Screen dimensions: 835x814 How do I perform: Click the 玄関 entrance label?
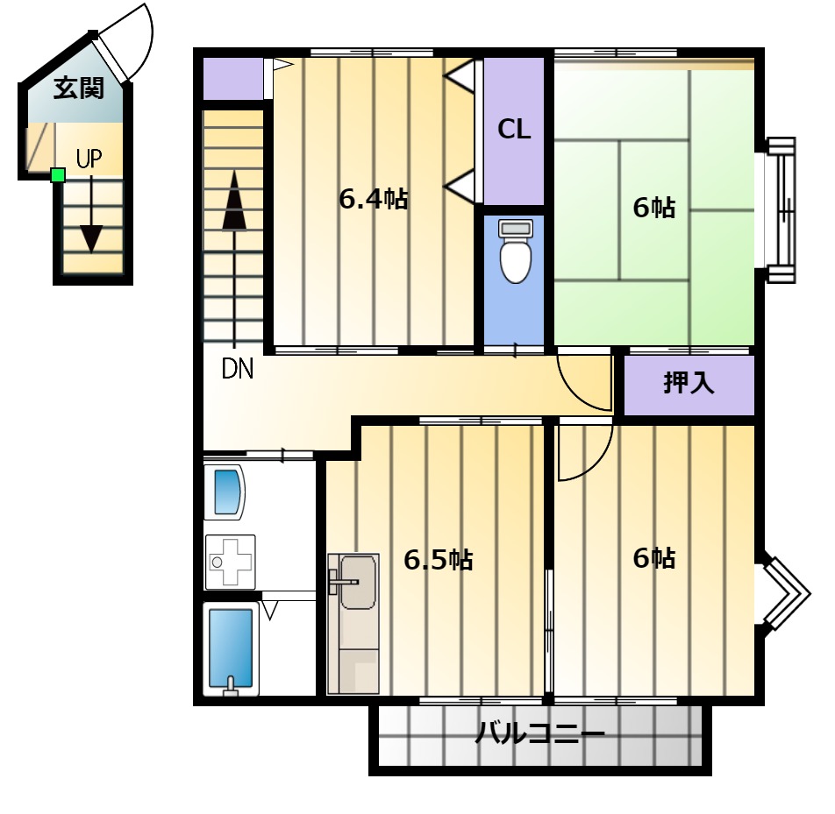[78, 88]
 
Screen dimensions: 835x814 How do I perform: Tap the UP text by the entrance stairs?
[89, 159]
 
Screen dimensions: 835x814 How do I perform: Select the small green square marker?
[58, 175]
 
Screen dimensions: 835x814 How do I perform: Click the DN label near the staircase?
[237, 368]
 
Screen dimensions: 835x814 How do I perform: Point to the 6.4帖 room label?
[374, 200]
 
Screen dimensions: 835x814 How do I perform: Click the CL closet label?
[514, 130]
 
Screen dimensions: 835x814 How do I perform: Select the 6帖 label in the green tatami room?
[654, 208]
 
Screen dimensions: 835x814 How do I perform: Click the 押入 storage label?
[689, 382]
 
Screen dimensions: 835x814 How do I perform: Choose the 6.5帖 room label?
[439, 560]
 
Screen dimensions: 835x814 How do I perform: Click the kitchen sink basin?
[358, 582]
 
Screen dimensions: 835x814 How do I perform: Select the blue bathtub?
[231, 649]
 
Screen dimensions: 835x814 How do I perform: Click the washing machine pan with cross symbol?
[230, 562]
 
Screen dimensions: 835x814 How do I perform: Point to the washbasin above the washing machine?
[225, 492]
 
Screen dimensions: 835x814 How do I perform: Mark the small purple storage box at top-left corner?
[233, 78]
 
